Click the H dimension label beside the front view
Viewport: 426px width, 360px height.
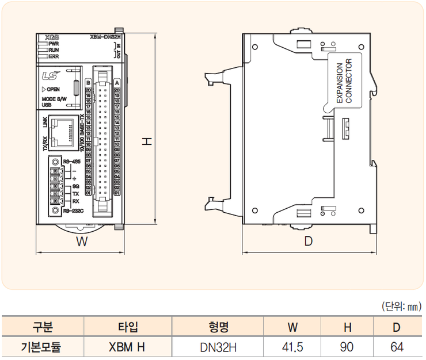click(147, 141)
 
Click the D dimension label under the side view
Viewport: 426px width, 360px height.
click(308, 242)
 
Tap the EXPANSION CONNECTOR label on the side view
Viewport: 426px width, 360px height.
click(344, 83)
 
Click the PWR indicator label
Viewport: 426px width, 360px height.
click(54, 44)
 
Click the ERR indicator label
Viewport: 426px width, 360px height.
click(54, 56)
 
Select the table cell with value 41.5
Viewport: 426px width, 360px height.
click(292, 347)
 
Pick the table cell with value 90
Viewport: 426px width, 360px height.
click(347, 347)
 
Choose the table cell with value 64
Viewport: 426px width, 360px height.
click(397, 347)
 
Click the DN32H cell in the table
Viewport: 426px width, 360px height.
click(218, 347)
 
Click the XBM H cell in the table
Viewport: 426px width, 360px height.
click(128, 347)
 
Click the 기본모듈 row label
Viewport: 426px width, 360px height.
click(43, 347)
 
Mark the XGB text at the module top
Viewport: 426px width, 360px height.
click(52, 36)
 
